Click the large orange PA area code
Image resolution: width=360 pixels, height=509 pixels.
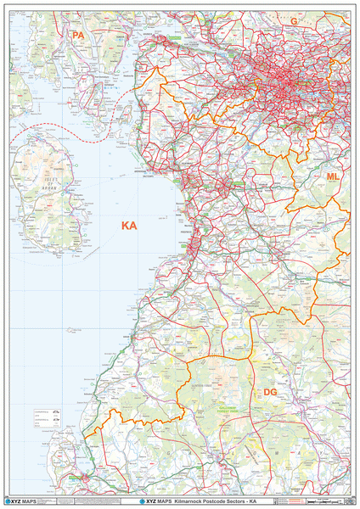(x=78, y=35)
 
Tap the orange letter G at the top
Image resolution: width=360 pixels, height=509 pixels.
(x=294, y=21)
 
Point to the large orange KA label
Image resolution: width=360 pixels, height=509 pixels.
(x=129, y=226)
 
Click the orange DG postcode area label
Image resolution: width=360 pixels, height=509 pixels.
(x=270, y=392)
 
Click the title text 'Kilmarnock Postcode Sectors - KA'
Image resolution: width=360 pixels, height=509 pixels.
(x=216, y=501)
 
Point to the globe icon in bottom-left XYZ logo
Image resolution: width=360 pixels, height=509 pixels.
(x=10, y=501)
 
